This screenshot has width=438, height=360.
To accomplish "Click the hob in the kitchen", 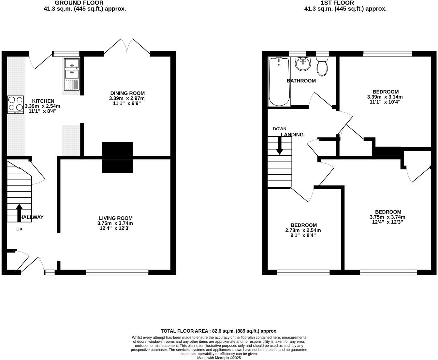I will click(x=16, y=104).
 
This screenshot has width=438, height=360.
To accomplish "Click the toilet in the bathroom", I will click(x=322, y=66).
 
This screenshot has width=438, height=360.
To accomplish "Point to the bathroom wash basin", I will click(x=303, y=64).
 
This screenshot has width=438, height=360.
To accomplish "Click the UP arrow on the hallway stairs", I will click(x=19, y=211).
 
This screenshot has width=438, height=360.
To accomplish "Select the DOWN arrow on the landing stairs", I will click(x=279, y=145).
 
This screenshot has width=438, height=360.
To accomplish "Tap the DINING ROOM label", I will click(x=127, y=93).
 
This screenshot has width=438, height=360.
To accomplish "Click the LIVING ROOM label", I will click(x=116, y=218).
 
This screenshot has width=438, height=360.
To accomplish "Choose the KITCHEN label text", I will click(x=43, y=101).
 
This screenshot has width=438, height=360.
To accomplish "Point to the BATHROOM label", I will click(x=301, y=81).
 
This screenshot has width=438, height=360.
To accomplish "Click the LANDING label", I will click(x=292, y=135).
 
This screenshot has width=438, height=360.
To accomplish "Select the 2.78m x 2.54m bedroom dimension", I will click(x=303, y=230).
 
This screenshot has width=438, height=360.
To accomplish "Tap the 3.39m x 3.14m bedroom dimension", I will click(x=385, y=97).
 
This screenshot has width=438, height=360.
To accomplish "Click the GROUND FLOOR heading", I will click(x=85, y=3).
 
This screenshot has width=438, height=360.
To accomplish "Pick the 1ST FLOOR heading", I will click(x=345, y=3).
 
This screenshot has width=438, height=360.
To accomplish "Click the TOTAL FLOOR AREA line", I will click(x=219, y=331).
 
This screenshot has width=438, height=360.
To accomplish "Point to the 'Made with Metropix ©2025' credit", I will click(x=219, y=358).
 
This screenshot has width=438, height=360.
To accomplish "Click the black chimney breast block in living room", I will click(x=117, y=157).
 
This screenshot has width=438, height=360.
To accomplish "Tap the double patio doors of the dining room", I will click(x=127, y=46).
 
